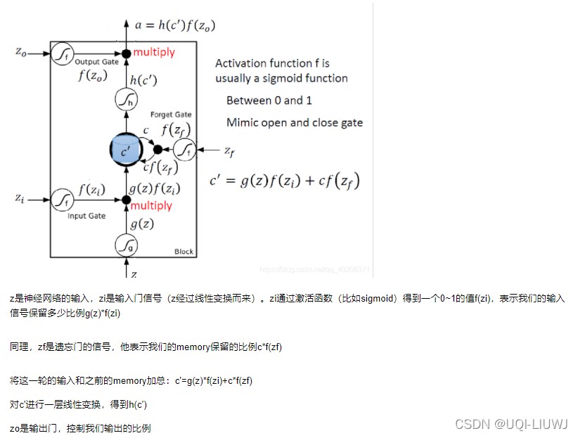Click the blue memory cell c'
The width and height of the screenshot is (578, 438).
126,150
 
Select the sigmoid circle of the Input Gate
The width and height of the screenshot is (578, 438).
63,200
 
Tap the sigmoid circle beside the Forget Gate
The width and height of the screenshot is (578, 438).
185,149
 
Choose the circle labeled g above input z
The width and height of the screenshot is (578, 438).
126,245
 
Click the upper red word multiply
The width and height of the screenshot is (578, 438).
154,52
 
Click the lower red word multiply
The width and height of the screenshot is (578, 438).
151,205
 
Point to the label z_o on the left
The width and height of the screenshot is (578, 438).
21,51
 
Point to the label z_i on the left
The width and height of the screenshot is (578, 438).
20,199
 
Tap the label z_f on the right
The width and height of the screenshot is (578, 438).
229,150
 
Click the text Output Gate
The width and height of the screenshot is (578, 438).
96,62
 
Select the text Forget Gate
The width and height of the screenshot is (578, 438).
171,115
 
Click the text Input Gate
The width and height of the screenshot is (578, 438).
86,216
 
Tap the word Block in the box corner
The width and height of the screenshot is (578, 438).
184,251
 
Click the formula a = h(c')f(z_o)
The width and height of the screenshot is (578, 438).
175,25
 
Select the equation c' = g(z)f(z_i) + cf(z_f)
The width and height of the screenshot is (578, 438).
284,181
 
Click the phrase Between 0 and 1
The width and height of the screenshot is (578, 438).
269,101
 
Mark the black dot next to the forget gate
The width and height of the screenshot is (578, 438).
158,149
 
